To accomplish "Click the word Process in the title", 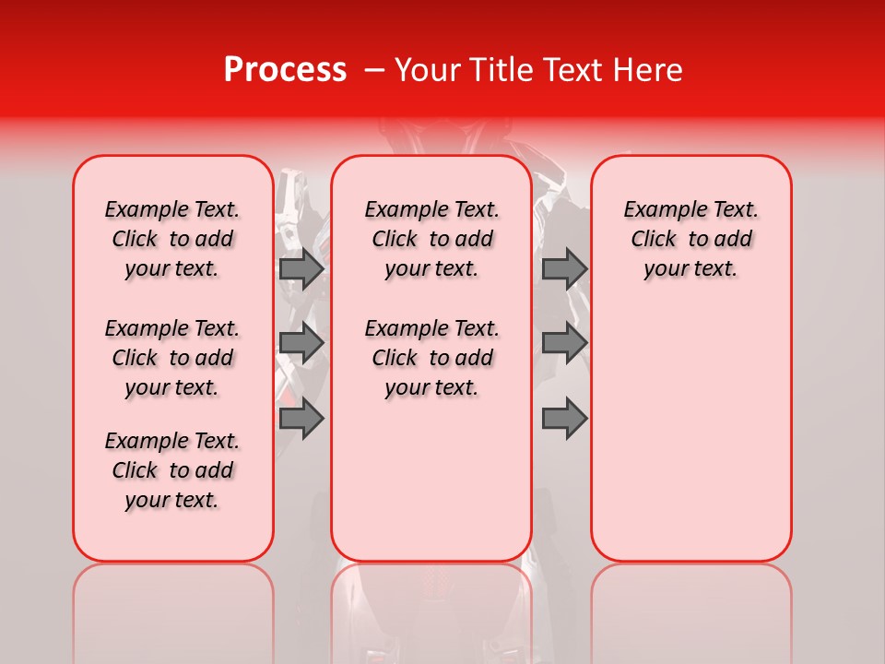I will (284, 70).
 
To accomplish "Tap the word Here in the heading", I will (648, 70).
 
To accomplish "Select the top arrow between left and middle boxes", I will (301, 268).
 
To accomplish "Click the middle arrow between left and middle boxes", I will (301, 343).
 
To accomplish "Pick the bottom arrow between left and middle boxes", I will (301, 418).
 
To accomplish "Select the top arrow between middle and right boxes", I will (564, 268).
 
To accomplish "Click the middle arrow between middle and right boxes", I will (564, 343).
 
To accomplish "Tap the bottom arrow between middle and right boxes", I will (564, 418).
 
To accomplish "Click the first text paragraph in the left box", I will (172, 239).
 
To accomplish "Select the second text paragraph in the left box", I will (172, 358).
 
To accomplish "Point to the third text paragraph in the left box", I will (172, 470).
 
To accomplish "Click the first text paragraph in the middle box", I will (431, 239).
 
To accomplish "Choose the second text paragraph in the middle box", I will (431, 358).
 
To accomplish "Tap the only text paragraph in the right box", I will (690, 239).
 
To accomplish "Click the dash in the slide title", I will (374, 70).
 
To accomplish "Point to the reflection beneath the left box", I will (173, 609).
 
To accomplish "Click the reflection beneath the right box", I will (690, 609).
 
